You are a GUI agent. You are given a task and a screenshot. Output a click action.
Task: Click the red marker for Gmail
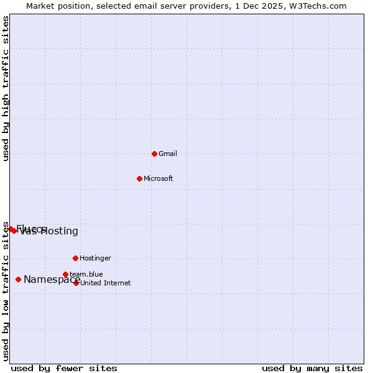pyautogui.click(x=154, y=154)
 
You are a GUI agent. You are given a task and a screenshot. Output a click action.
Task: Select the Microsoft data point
pyautogui.click(x=139, y=178)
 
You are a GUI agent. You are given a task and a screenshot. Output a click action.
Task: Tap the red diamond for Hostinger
pyautogui.click(x=75, y=258)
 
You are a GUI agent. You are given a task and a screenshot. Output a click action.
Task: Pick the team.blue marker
pyautogui.click(x=65, y=274)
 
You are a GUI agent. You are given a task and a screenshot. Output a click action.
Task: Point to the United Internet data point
pyautogui.click(x=76, y=283)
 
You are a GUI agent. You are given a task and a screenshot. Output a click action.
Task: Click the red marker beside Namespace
pyautogui.click(x=18, y=279)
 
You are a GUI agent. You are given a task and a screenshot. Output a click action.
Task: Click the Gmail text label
pyautogui.click(x=168, y=154)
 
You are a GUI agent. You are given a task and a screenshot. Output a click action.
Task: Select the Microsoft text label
pyautogui.click(x=159, y=178)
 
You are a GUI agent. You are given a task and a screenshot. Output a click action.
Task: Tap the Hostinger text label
pyautogui.click(x=95, y=258)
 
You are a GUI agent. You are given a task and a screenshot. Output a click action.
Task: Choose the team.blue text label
pyautogui.click(x=86, y=274)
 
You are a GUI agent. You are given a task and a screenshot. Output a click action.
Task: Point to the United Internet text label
pyautogui.click(x=106, y=283)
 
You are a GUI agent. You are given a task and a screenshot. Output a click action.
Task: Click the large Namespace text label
pyautogui.click(x=52, y=280)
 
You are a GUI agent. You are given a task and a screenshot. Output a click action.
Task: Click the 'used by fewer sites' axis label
pyautogui.click(x=64, y=368)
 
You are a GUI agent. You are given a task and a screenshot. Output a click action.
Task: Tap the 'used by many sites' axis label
pyautogui.click(x=312, y=368)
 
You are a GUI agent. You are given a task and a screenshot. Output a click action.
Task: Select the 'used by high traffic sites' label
pyautogui.click(x=6, y=88)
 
